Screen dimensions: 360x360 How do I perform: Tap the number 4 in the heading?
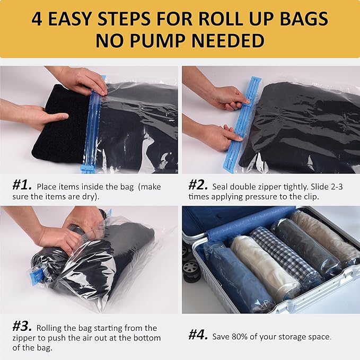[x=37, y=18]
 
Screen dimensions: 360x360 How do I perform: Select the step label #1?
[x=22, y=186]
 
